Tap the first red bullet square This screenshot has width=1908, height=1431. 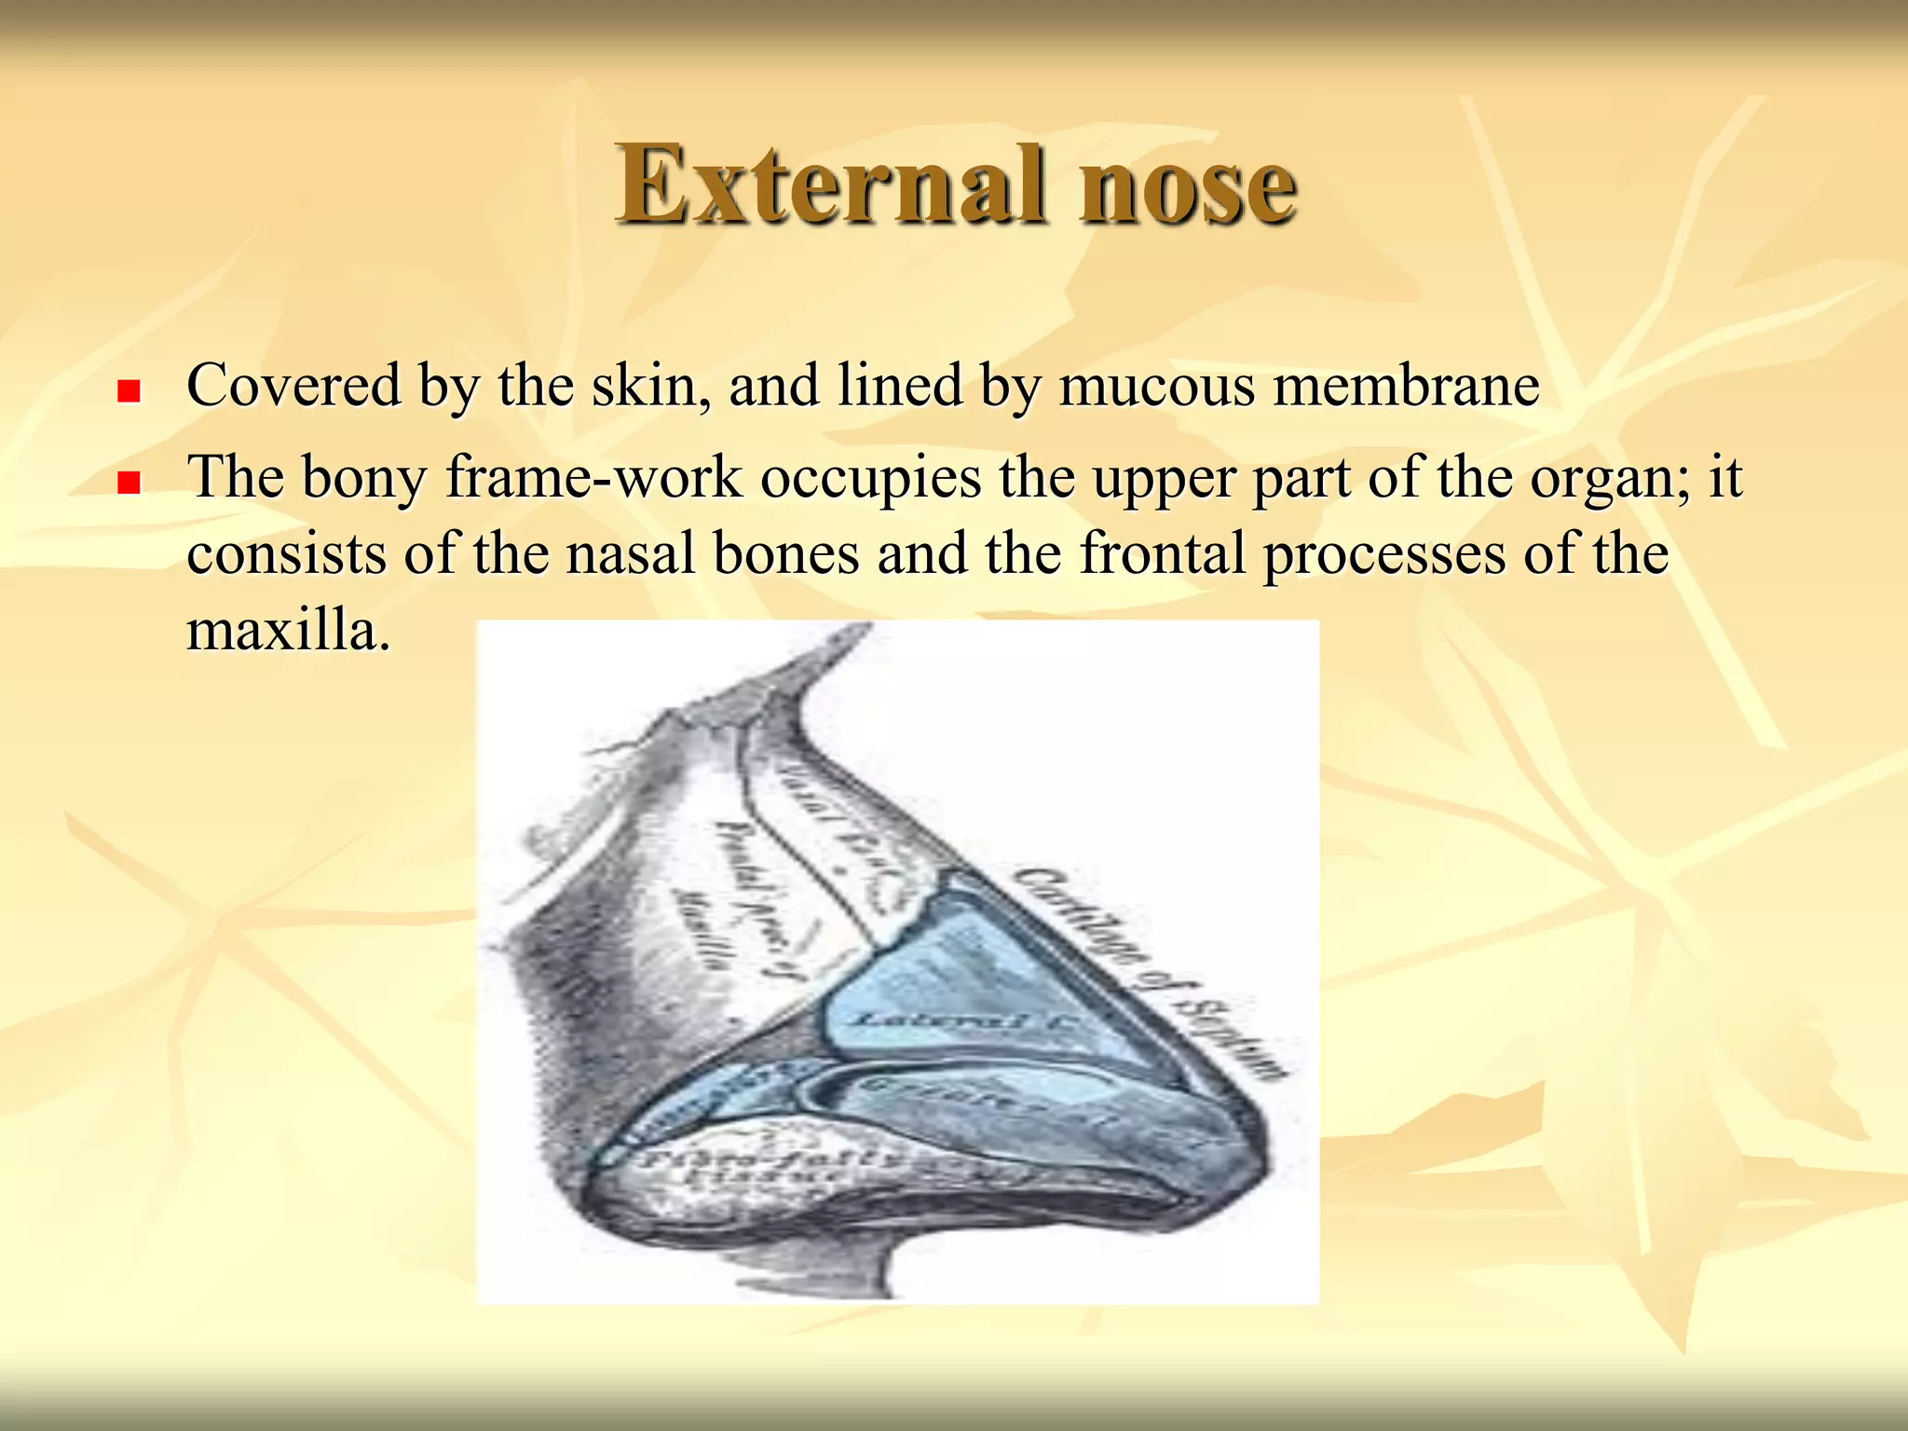coord(129,390)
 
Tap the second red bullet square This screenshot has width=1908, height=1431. coord(129,482)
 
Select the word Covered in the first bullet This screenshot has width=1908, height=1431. coord(293,385)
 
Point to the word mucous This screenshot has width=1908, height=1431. coord(1157,385)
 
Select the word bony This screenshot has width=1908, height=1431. coord(363,478)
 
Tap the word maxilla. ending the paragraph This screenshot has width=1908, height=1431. coord(289,630)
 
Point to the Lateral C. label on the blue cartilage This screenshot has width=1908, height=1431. coord(960,1021)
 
